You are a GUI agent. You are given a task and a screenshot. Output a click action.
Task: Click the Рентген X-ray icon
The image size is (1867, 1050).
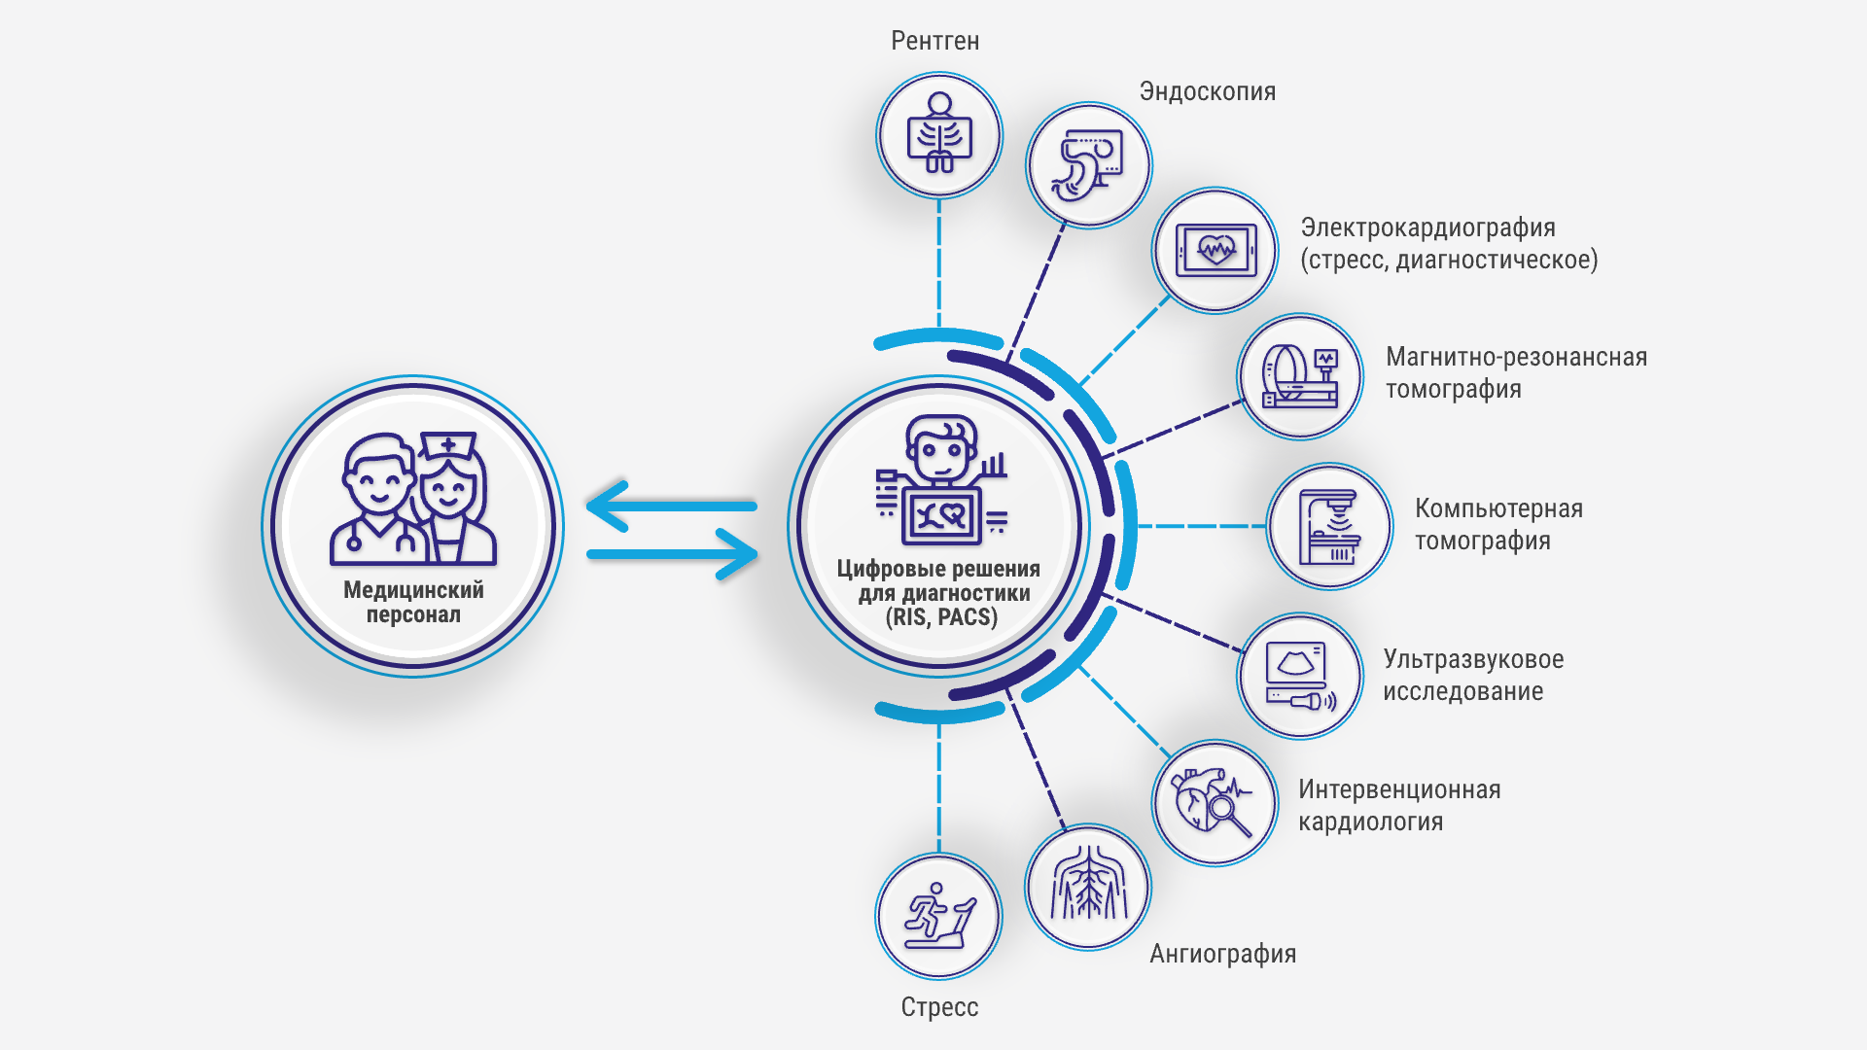point(939,135)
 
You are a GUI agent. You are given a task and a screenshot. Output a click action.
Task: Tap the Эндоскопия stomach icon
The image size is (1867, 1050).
point(1089,165)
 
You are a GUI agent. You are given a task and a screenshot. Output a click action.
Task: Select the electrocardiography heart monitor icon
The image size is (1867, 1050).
point(1215,251)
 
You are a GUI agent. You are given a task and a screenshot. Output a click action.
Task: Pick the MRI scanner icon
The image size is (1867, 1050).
point(1300,376)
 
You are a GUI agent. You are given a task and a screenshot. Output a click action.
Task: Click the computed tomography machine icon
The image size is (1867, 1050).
point(1329,526)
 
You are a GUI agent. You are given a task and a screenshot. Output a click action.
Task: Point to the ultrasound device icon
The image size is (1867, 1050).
point(1300,676)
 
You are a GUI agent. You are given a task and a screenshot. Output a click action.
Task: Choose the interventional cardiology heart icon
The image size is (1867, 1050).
point(1214,803)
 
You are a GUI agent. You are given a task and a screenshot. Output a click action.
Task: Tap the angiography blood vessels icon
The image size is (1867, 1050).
point(1088,887)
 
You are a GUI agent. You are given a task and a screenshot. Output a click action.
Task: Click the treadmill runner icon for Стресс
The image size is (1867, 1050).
point(938,916)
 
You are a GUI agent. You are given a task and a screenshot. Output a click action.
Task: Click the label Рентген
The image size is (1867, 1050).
point(934,41)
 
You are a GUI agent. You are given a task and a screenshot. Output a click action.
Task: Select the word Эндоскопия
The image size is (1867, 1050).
point(1207,91)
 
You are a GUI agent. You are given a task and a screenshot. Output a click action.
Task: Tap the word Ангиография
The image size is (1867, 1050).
point(1222,954)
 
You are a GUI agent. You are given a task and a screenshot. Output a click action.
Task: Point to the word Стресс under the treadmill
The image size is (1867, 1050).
point(939,1007)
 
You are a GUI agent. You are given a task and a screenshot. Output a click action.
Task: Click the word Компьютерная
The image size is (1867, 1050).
point(1498,508)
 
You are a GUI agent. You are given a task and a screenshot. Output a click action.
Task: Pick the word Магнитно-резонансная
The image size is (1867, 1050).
point(1516,357)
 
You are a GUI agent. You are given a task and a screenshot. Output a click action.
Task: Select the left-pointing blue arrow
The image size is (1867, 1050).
point(671,506)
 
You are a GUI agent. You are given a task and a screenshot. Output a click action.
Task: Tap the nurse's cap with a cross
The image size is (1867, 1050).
point(448,446)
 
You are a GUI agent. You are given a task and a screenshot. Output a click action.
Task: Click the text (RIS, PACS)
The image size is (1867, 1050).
point(940,617)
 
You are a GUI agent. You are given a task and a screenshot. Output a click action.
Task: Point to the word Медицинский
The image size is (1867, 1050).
point(413,590)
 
